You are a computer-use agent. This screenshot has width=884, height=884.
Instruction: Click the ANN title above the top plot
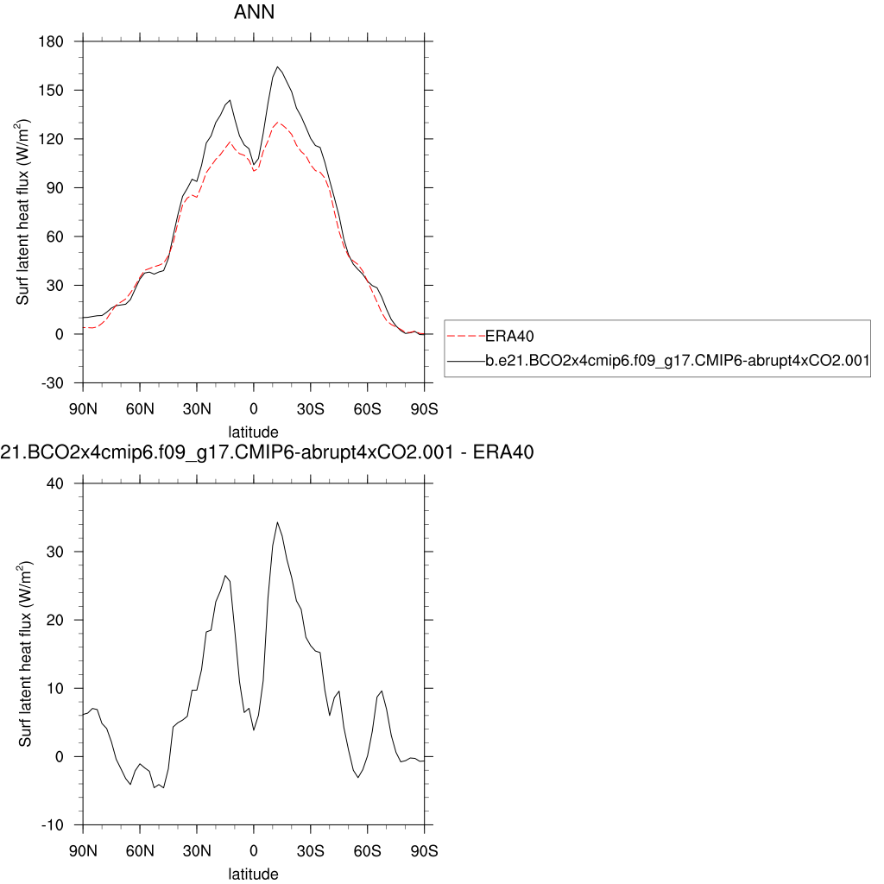point(253,13)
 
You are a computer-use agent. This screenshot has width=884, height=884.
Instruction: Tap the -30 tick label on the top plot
point(60,382)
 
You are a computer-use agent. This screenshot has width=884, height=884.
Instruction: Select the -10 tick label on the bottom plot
point(60,824)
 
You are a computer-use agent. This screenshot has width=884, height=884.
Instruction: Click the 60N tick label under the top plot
point(139,408)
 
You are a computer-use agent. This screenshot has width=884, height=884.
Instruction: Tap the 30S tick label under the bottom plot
point(310,851)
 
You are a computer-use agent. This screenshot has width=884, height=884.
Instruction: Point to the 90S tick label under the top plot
point(424,408)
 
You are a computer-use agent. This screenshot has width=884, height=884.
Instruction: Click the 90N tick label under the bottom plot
point(83,851)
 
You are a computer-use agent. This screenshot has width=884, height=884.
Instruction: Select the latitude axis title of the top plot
point(253,431)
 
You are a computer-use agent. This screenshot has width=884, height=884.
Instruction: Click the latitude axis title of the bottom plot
point(253,874)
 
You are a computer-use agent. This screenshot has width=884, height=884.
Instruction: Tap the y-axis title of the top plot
point(26,212)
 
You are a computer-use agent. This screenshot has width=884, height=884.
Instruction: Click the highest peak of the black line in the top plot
point(278,66)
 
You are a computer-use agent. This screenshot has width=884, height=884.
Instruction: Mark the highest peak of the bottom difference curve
point(277,522)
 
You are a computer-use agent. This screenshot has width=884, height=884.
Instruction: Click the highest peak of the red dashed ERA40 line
point(278,123)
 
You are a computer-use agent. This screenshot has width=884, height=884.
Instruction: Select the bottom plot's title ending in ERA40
point(268,452)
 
